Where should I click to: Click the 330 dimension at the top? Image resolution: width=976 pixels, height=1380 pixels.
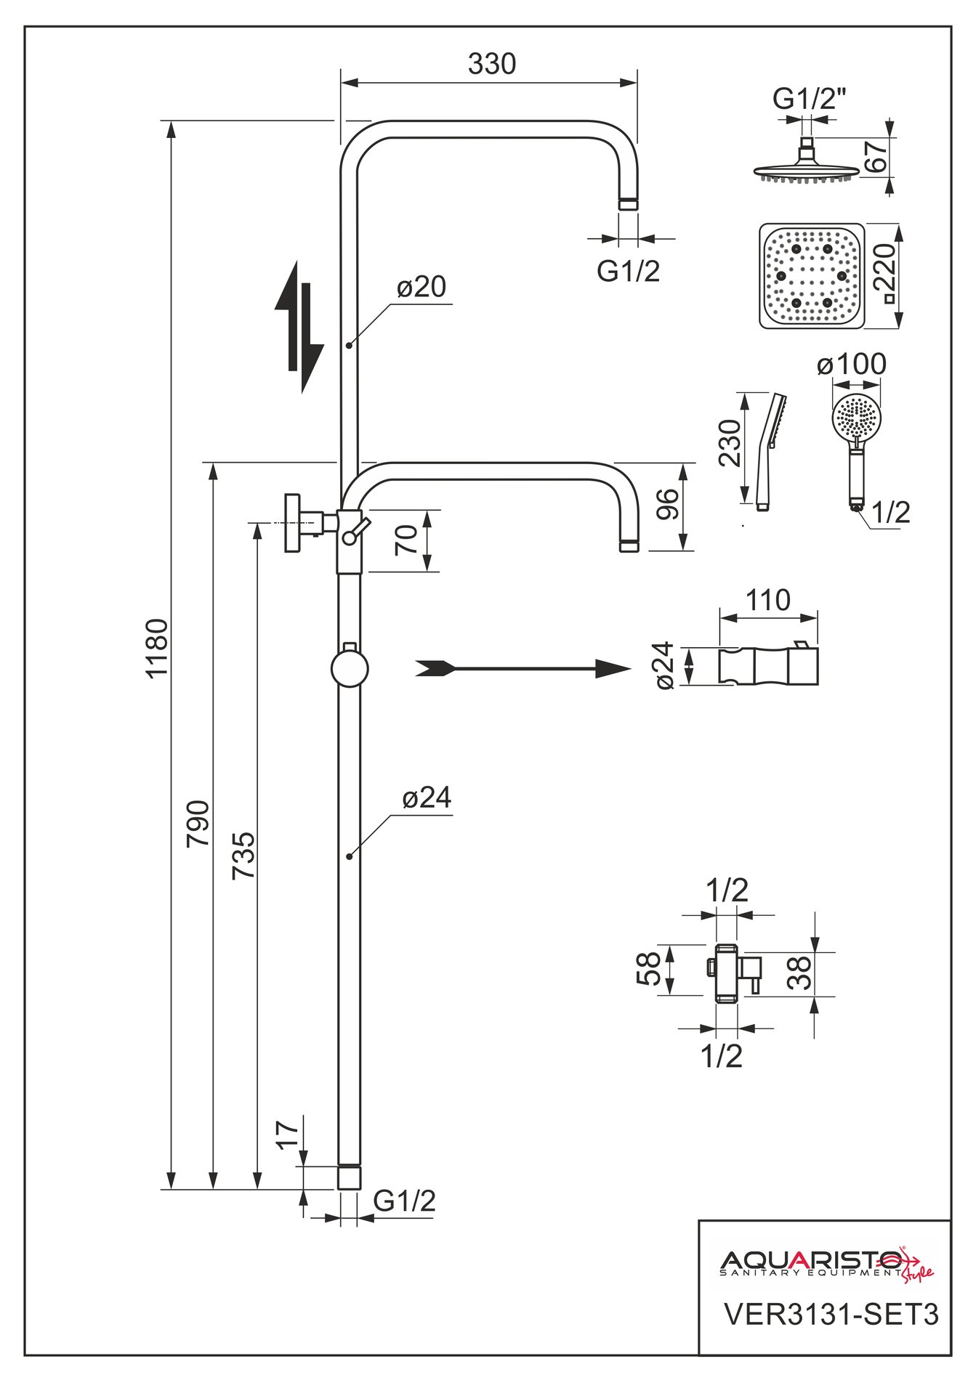tap(492, 65)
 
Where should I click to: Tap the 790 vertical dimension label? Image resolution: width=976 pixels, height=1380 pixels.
tap(198, 823)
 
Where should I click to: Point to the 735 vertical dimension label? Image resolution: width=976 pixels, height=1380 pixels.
tap(243, 856)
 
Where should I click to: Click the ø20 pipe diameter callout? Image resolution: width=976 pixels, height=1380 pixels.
tap(422, 287)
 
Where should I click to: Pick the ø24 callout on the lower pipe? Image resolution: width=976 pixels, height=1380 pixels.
tap(427, 797)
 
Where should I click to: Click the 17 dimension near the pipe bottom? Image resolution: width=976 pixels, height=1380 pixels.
tap(288, 1135)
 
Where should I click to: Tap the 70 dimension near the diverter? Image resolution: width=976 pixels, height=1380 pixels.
tap(408, 540)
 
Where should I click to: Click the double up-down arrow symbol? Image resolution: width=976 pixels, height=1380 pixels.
tap(299, 328)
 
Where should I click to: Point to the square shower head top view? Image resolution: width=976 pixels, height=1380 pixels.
tap(812, 276)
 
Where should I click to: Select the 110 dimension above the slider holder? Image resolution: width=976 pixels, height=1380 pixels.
tap(768, 600)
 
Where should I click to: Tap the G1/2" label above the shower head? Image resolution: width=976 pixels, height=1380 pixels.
tap(810, 98)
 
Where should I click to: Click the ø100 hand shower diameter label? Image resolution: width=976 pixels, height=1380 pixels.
tap(852, 364)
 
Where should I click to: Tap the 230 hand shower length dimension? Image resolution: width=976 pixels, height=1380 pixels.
tap(730, 443)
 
